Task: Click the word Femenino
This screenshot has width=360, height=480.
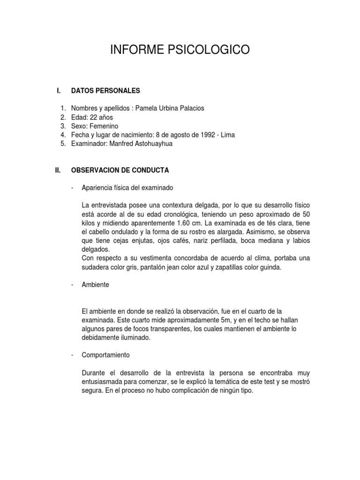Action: pyautogui.click(x=104, y=126)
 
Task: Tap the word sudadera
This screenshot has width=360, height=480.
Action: pyautogui.click(x=97, y=268)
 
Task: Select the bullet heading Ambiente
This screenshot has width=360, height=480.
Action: pyautogui.click(x=95, y=285)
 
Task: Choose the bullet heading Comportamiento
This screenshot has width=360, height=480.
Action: pyautogui.click(x=105, y=355)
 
